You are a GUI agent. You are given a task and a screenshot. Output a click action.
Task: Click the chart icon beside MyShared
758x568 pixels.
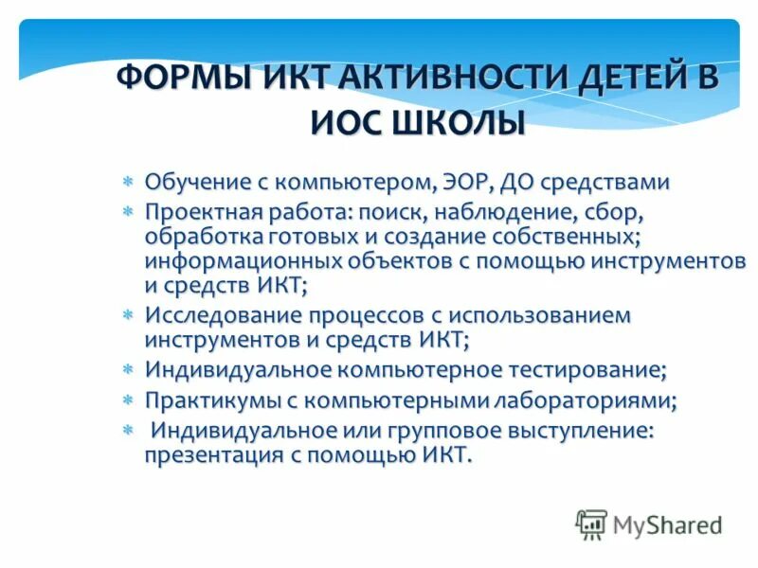click(591, 524)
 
